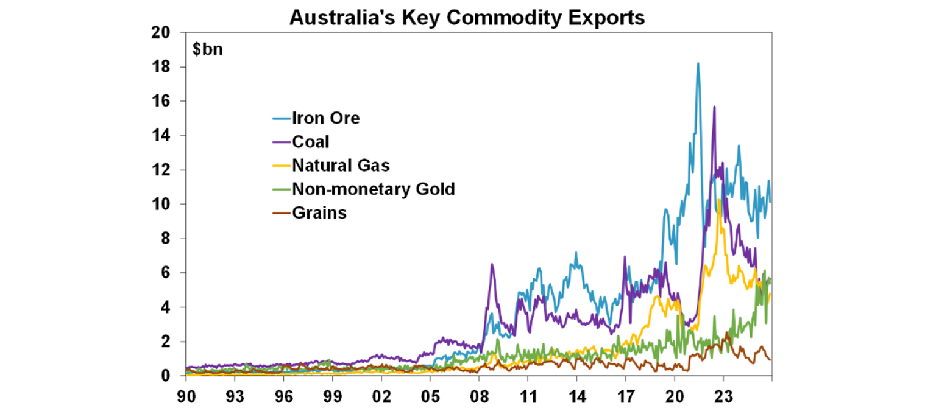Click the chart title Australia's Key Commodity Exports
(x=467, y=18)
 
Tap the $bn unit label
(x=207, y=49)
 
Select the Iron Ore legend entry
(x=325, y=118)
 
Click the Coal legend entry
(x=310, y=141)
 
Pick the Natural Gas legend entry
(x=341, y=165)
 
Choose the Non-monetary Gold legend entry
(x=373, y=189)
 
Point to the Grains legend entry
(x=319, y=212)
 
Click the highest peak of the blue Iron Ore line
(x=698, y=63)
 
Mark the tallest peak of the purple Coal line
(x=714, y=107)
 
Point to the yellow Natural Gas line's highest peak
(x=720, y=200)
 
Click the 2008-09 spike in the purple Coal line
(x=492, y=264)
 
